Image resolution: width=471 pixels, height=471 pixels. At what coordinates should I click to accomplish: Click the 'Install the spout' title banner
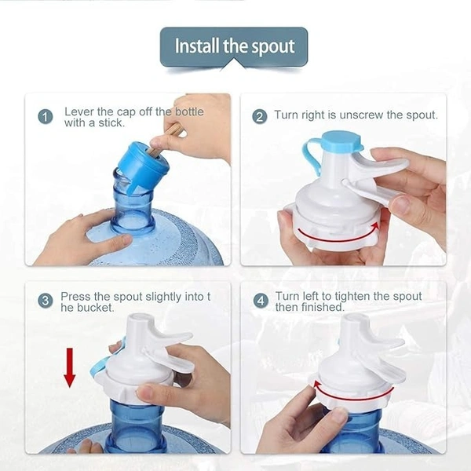click(x=234, y=46)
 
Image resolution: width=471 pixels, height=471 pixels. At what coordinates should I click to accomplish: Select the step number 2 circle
click(x=260, y=116)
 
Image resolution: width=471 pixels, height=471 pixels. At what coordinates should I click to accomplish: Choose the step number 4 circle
click(x=260, y=301)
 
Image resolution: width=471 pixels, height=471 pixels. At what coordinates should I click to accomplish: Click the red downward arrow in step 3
click(x=70, y=367)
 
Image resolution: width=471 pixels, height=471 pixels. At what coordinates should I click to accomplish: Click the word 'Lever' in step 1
click(x=79, y=111)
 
